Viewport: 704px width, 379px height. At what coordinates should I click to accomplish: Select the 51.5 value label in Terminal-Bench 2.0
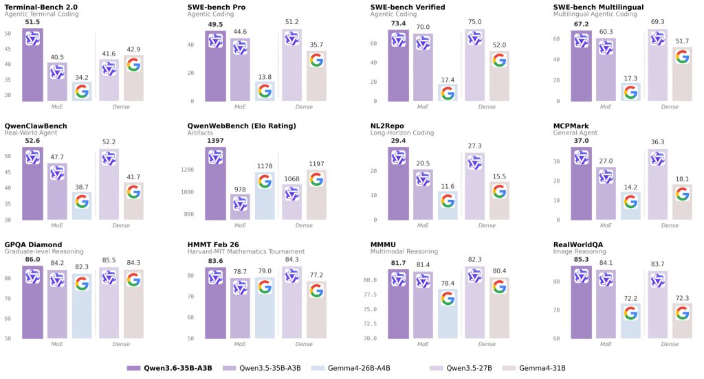point(32,23)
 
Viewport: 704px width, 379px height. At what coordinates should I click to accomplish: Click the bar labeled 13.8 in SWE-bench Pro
point(265,91)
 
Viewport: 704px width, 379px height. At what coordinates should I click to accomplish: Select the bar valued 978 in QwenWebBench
point(240,206)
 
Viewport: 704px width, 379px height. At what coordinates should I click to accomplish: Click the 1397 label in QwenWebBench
point(215,141)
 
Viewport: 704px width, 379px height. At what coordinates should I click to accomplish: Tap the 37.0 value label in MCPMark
point(581,141)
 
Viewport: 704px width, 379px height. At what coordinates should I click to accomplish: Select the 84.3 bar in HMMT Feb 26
point(291,302)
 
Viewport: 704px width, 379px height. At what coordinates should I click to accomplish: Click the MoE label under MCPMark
point(606,225)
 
